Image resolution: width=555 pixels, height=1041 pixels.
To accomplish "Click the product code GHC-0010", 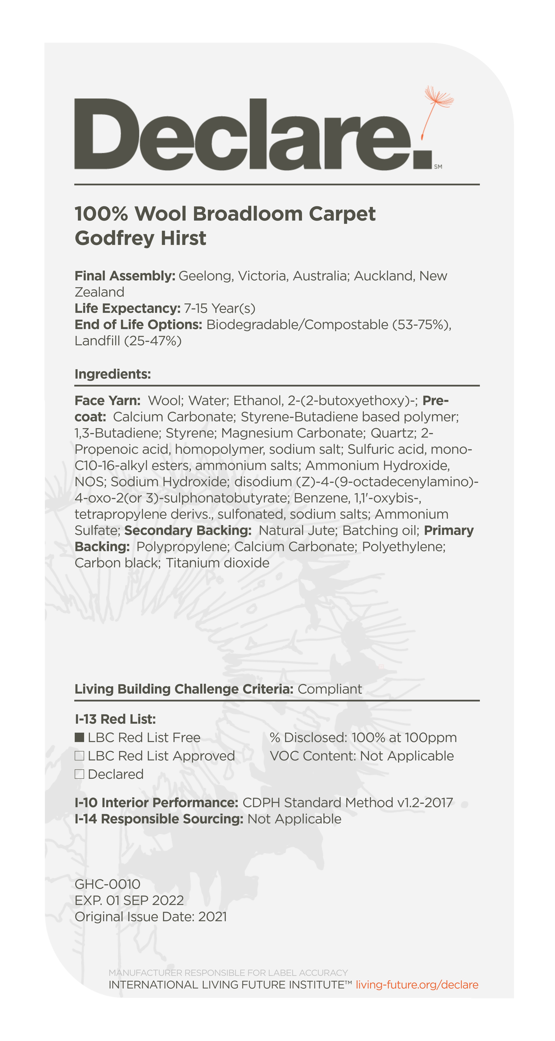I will click(x=107, y=884).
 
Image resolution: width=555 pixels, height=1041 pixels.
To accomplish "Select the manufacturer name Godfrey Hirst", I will click(x=141, y=238).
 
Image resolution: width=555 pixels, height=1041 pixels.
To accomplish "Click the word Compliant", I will click(x=330, y=689).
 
